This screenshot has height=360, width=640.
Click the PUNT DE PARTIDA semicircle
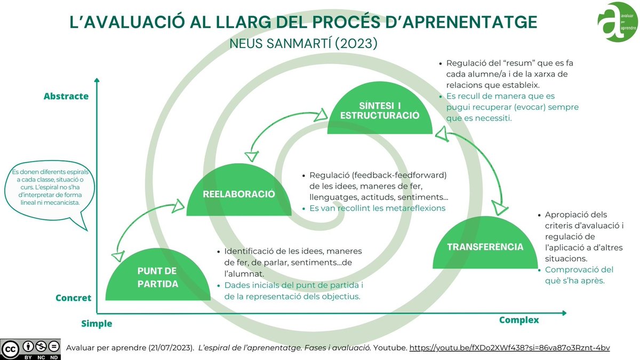tap(158, 277)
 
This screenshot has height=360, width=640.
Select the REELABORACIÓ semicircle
tap(239, 193)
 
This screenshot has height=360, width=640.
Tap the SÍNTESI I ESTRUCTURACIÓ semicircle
tap(380, 110)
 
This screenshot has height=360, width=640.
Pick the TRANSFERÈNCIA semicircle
tap(485, 246)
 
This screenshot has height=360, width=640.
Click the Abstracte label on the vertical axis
tap(66, 97)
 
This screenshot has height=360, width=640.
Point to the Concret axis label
tap(74, 298)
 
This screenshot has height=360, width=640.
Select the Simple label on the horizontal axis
tap(97, 323)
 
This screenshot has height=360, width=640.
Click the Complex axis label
tap(519, 320)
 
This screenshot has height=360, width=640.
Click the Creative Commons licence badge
tap(30, 348)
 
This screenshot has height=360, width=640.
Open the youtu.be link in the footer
tap(509, 348)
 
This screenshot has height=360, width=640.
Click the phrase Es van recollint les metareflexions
tap(377, 208)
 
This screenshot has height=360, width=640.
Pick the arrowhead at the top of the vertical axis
tap(97, 81)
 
